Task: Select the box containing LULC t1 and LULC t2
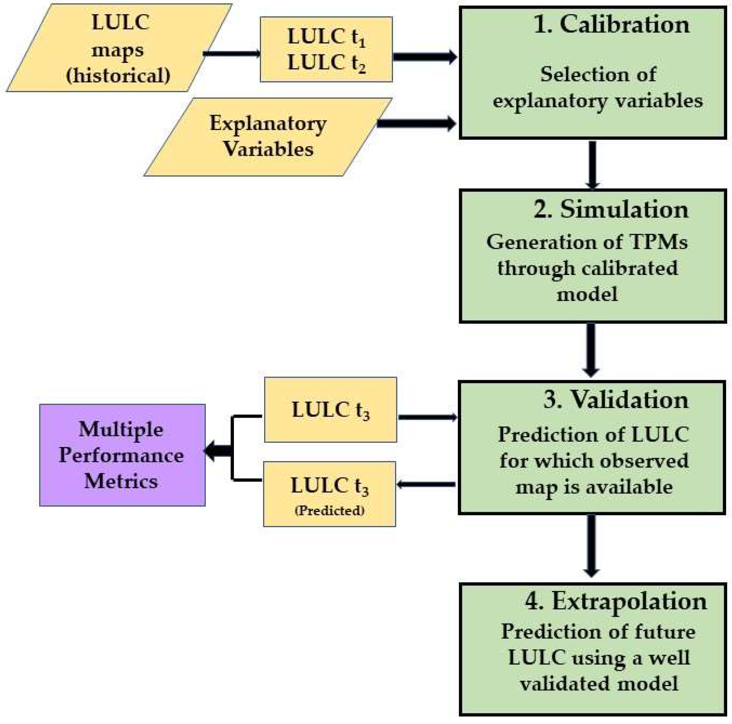coord(326,49)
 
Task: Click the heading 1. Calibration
coord(611,25)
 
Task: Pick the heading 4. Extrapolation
coord(616,601)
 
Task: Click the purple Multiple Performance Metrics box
coord(122,455)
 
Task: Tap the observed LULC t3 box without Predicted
coord(330,410)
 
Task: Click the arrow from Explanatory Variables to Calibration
coord(417,124)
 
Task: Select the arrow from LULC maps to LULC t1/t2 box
coord(232,53)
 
